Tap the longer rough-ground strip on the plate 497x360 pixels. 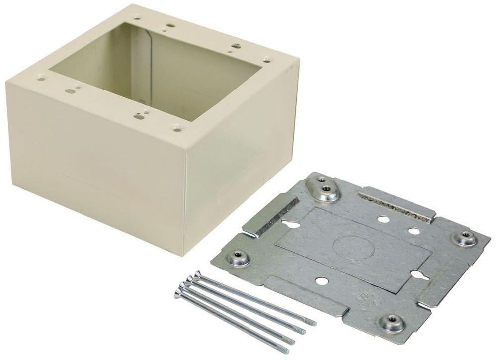pyautogui.click(x=395, y=204)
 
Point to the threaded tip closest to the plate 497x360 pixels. pyautogui.click(x=312, y=322)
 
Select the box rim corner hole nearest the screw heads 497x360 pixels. pyautogui.click(x=175, y=127)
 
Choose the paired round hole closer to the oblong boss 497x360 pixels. pyautogui.click(x=382, y=218)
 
